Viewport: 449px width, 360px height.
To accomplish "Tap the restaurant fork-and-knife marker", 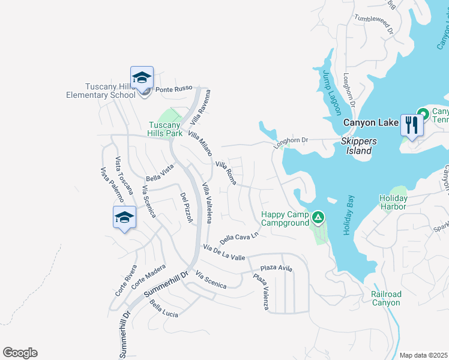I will (x=411, y=124).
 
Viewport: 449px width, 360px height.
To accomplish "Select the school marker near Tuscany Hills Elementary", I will (x=142, y=78).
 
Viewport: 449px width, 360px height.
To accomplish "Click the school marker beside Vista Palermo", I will (x=124, y=217).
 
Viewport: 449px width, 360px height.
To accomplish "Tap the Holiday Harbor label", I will (x=393, y=202).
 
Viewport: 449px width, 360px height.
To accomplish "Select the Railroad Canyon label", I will (x=386, y=298).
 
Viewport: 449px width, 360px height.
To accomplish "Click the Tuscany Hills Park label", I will (x=166, y=129).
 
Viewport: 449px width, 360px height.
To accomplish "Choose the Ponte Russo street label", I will (x=173, y=89).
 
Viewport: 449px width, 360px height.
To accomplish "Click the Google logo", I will (x=20, y=352).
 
